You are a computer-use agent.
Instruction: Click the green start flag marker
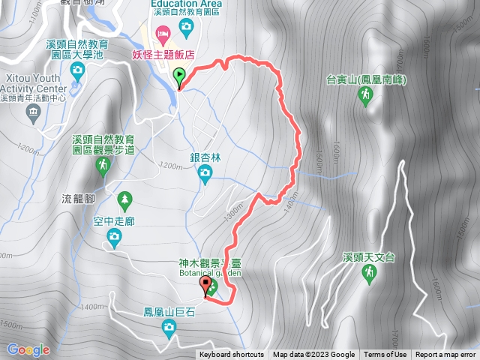pyautogui.click(x=180, y=75)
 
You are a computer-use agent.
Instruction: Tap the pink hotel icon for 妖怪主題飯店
pyautogui.click(x=162, y=32)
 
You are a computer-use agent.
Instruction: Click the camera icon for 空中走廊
pyautogui.click(x=113, y=238)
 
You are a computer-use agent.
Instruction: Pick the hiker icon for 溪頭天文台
pyautogui.click(x=368, y=274)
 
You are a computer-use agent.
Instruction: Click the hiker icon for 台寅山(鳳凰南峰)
pyautogui.click(x=365, y=95)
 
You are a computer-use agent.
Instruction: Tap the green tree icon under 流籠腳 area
pyautogui.click(x=124, y=199)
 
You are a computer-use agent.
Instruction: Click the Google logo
pyautogui.click(x=28, y=349)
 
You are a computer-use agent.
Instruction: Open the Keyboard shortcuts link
pyautogui.click(x=232, y=355)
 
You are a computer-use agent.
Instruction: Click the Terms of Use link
pyautogui.click(x=385, y=355)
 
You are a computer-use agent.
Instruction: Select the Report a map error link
pyautogui.click(x=446, y=355)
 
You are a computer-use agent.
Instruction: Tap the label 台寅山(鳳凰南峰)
pyautogui.click(x=365, y=79)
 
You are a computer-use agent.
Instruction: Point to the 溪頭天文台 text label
pyautogui.click(x=368, y=257)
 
